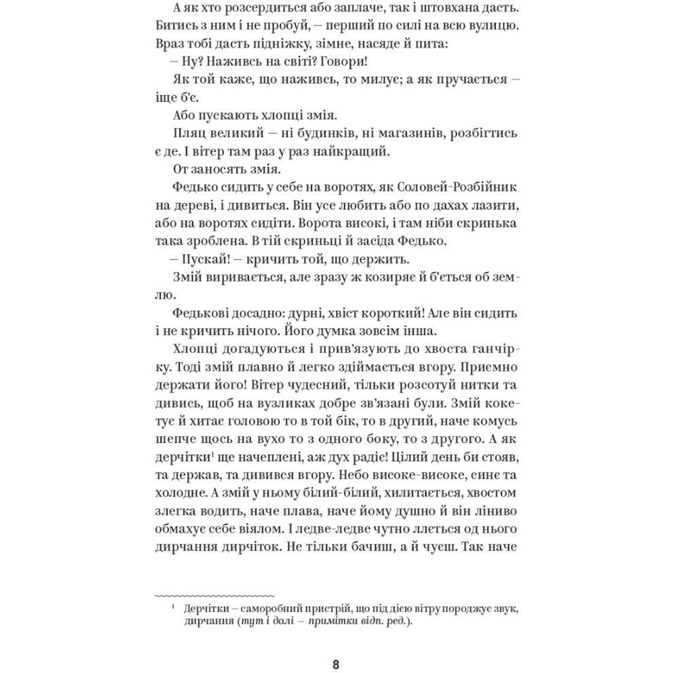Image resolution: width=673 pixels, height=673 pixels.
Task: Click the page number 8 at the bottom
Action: (x=336, y=666)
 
